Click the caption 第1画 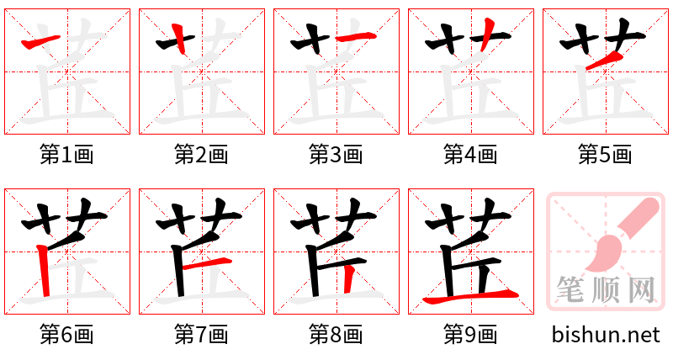pyautogui.click(x=66, y=154)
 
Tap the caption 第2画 pyautogui.click(x=201, y=154)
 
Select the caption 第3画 pyautogui.click(x=336, y=154)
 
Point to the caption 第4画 pyautogui.click(x=470, y=154)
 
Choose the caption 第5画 pyautogui.click(x=605, y=154)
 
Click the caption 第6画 pyautogui.click(x=66, y=334)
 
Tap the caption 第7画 pyautogui.click(x=201, y=334)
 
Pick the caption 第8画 pyautogui.click(x=336, y=334)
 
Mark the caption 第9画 pyautogui.click(x=470, y=334)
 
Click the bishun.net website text pyautogui.click(x=605, y=334)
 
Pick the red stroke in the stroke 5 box pyautogui.click(x=603, y=60)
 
